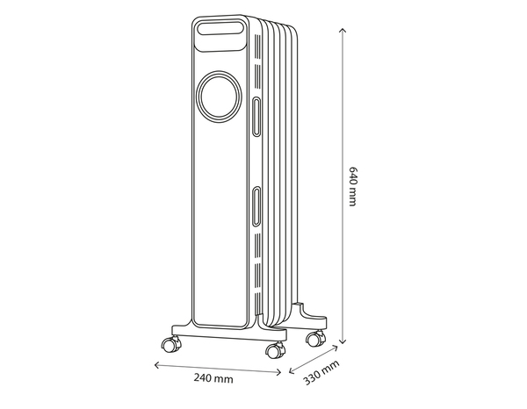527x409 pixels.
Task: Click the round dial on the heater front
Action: (x=219, y=96)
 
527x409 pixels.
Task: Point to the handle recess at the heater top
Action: (x=220, y=31)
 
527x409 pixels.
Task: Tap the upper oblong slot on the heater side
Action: (x=256, y=116)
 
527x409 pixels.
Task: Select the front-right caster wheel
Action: (x=273, y=350)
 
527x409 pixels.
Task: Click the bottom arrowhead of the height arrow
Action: (x=340, y=343)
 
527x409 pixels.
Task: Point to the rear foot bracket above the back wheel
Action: (x=308, y=312)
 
